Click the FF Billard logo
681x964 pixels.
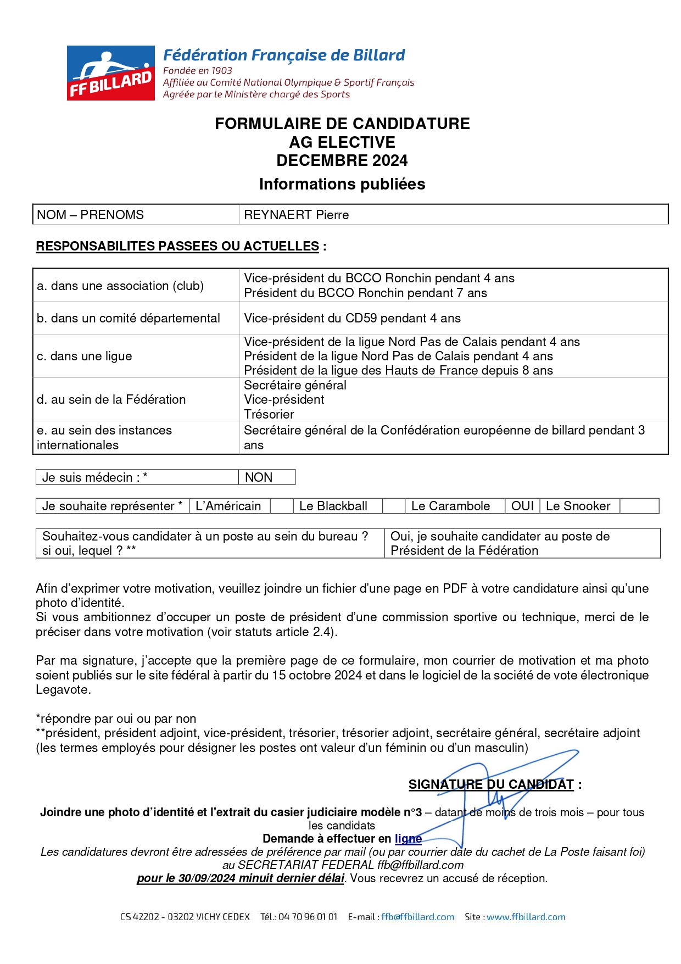click(110, 73)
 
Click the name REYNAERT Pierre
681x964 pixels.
click(296, 215)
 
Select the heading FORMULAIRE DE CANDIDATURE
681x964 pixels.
click(342, 124)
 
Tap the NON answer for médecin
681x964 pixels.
click(259, 477)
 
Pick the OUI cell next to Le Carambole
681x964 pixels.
click(522, 506)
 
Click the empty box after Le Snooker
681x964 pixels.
click(639, 506)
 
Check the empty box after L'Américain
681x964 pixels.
click(281, 506)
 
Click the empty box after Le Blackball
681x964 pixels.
click(393, 506)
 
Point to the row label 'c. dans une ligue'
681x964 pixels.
click(84, 356)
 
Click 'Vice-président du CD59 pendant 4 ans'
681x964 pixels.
click(352, 318)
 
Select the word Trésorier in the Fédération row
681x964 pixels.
click(269, 414)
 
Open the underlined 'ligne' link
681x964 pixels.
click(408, 838)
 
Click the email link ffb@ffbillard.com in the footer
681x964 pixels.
click(417, 917)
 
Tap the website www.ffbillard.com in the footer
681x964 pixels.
click(526, 917)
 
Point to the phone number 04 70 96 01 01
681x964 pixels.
click(308, 917)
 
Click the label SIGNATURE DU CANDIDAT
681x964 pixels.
click(490, 784)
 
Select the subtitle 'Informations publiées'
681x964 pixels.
click(342, 184)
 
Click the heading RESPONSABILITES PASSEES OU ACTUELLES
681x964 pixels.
click(177, 246)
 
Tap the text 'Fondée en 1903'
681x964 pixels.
click(197, 70)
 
